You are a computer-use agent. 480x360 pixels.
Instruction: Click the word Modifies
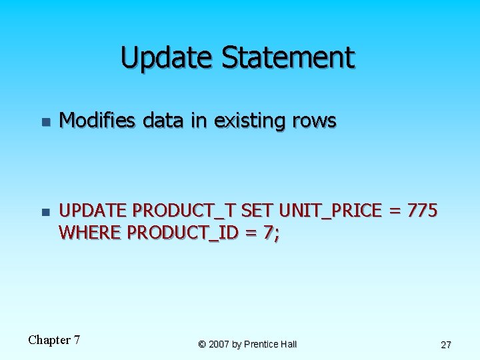click(x=97, y=121)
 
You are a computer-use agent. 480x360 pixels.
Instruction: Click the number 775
click(x=422, y=211)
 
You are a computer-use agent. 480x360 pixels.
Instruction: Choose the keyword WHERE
click(x=90, y=233)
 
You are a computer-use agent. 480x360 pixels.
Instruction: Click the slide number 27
click(x=446, y=345)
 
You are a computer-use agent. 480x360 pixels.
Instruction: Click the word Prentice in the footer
click(x=263, y=344)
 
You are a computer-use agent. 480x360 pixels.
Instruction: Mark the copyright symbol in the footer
click(x=201, y=344)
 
